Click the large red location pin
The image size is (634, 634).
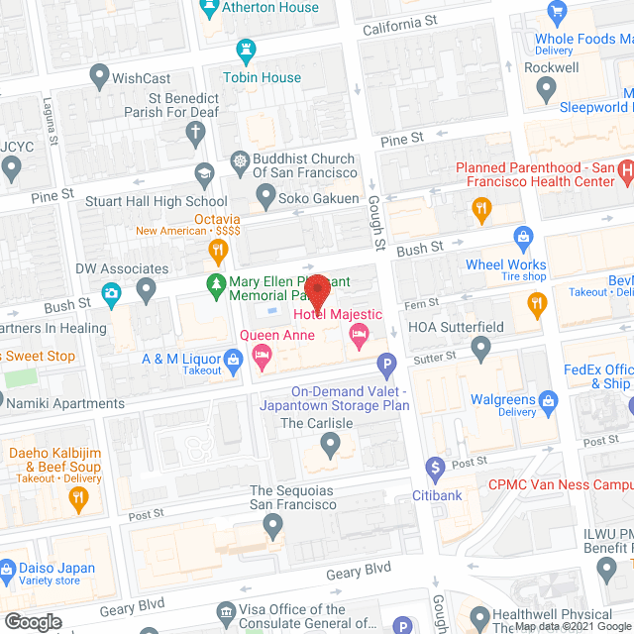click(x=317, y=290)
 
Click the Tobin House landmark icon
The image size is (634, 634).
click(x=246, y=51)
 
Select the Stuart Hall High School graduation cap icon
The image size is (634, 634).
click(x=204, y=173)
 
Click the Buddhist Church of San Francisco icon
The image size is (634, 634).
click(x=239, y=161)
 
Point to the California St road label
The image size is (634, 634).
click(x=399, y=23)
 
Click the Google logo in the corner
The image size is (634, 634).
click(x=32, y=621)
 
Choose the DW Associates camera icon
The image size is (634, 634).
click(x=112, y=292)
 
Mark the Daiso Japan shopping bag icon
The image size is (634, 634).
click(x=9, y=569)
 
